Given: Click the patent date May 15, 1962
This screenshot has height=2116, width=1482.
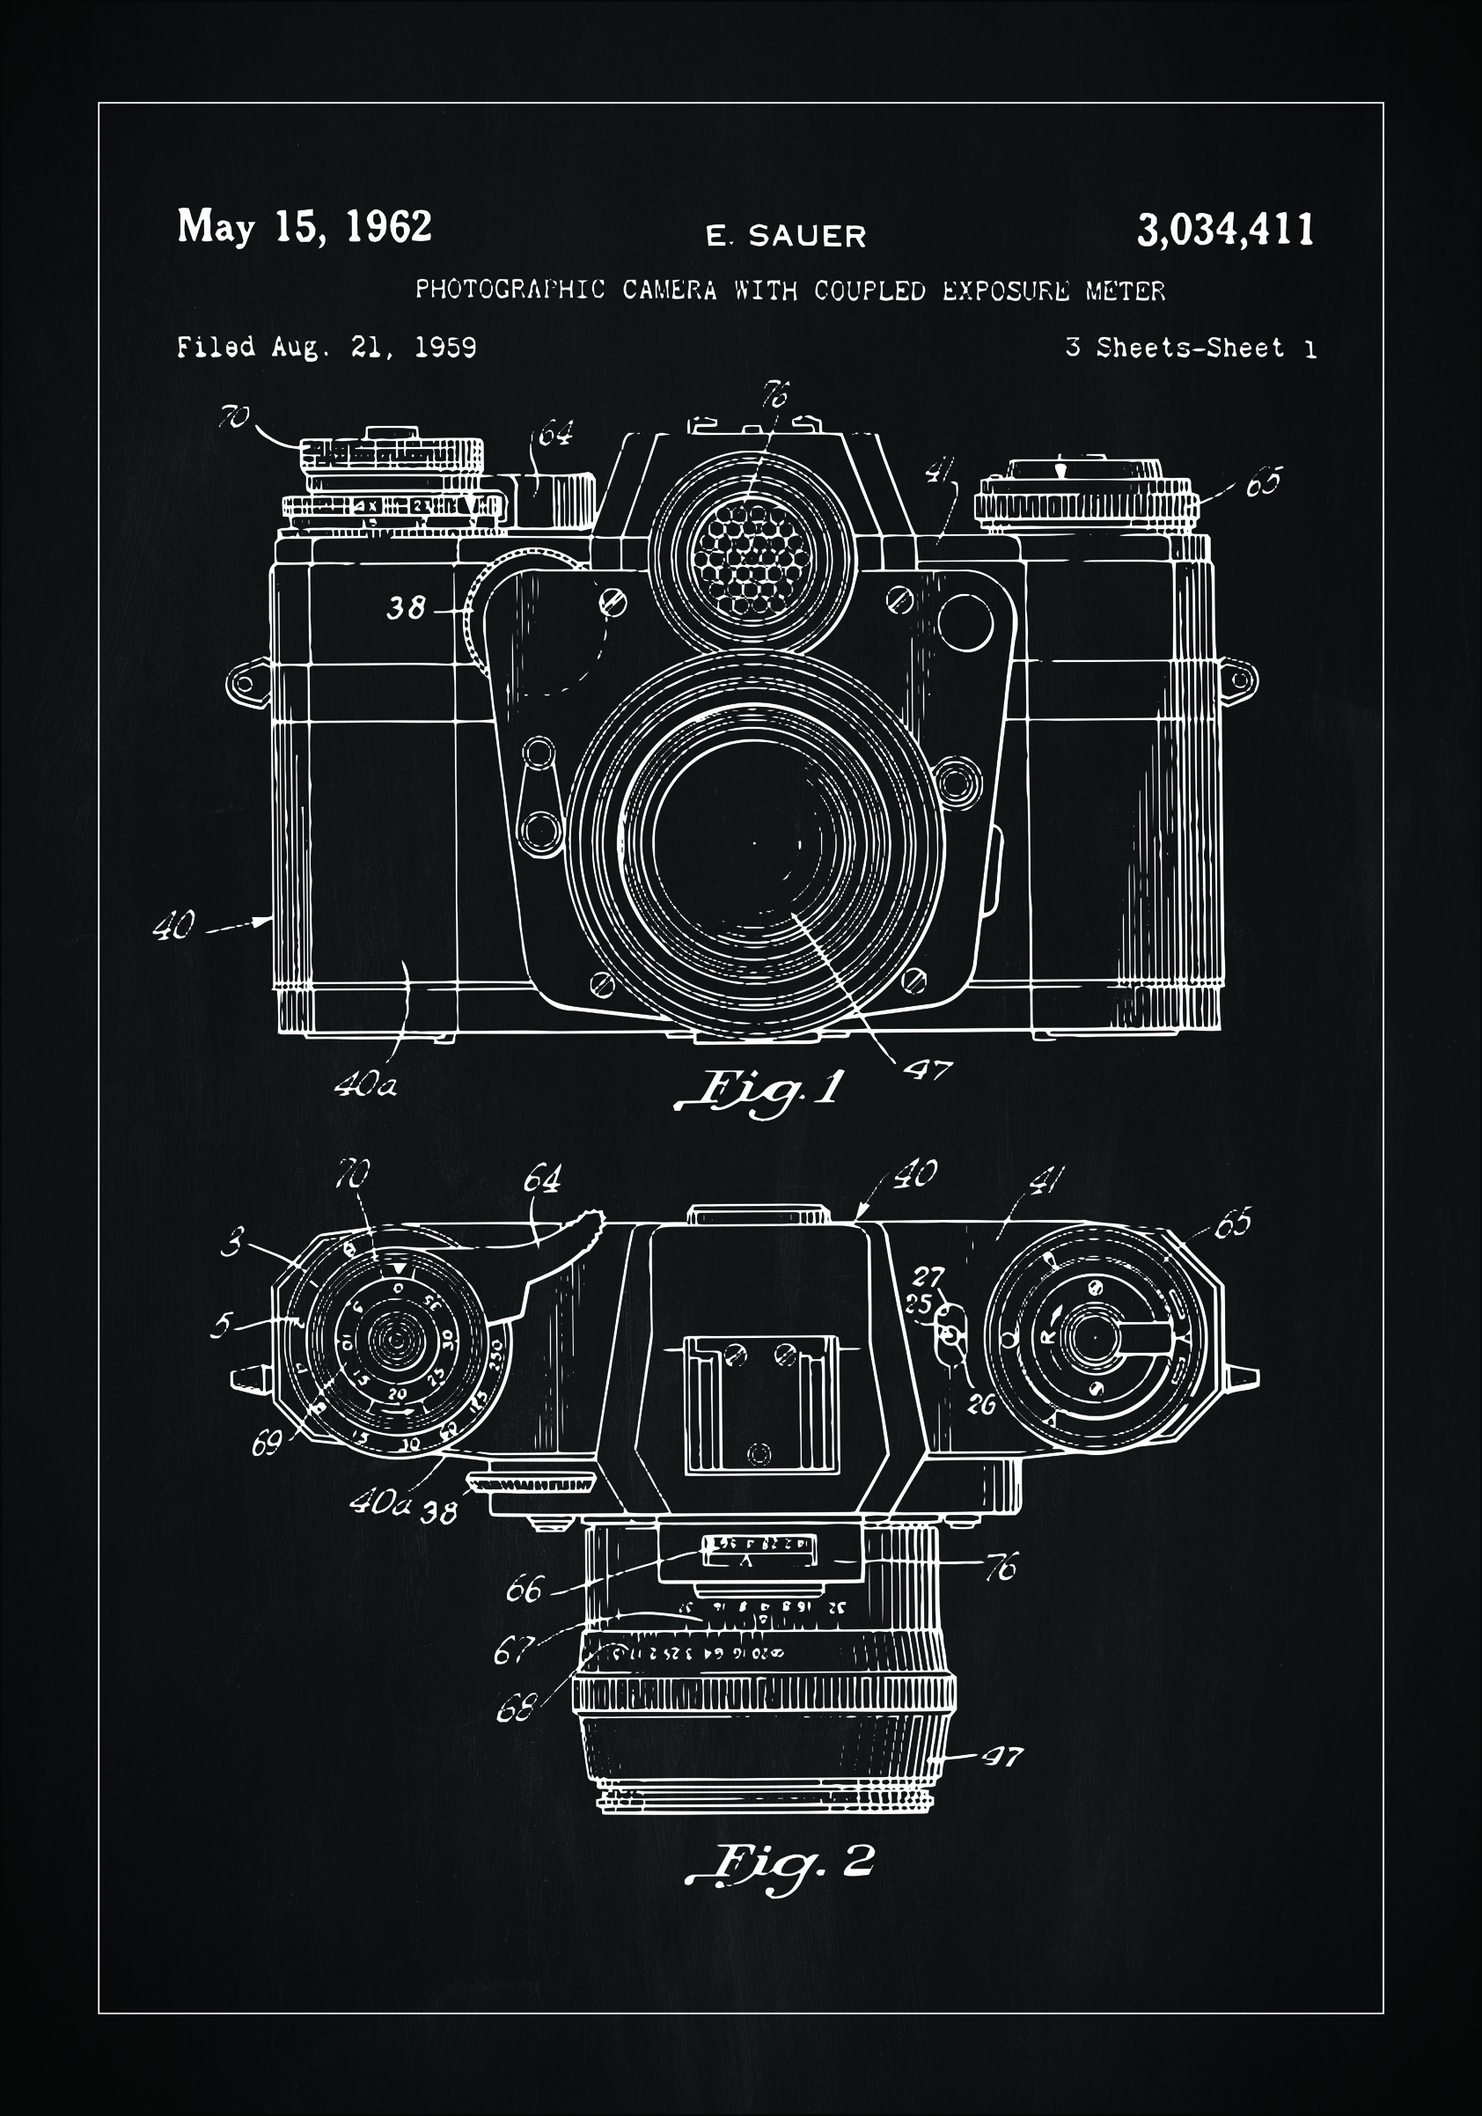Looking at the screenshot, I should click(304, 228).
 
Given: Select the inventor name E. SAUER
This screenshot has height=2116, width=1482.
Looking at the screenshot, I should click(786, 237).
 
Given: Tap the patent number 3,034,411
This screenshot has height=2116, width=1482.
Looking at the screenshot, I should click(1225, 231).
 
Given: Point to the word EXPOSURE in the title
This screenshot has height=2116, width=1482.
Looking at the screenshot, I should click(1006, 291).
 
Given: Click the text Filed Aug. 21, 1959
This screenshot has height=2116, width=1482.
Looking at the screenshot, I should click(326, 348).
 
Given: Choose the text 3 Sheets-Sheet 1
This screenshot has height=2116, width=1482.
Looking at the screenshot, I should click(1190, 349).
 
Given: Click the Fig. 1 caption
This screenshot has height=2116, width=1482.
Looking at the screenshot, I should click(760, 1091).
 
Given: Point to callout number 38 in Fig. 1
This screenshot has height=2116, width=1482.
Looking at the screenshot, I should click(406, 608).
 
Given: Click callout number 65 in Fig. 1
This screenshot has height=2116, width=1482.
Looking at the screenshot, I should click(1264, 483).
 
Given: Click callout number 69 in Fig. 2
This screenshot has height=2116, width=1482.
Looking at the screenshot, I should click(267, 1444).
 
